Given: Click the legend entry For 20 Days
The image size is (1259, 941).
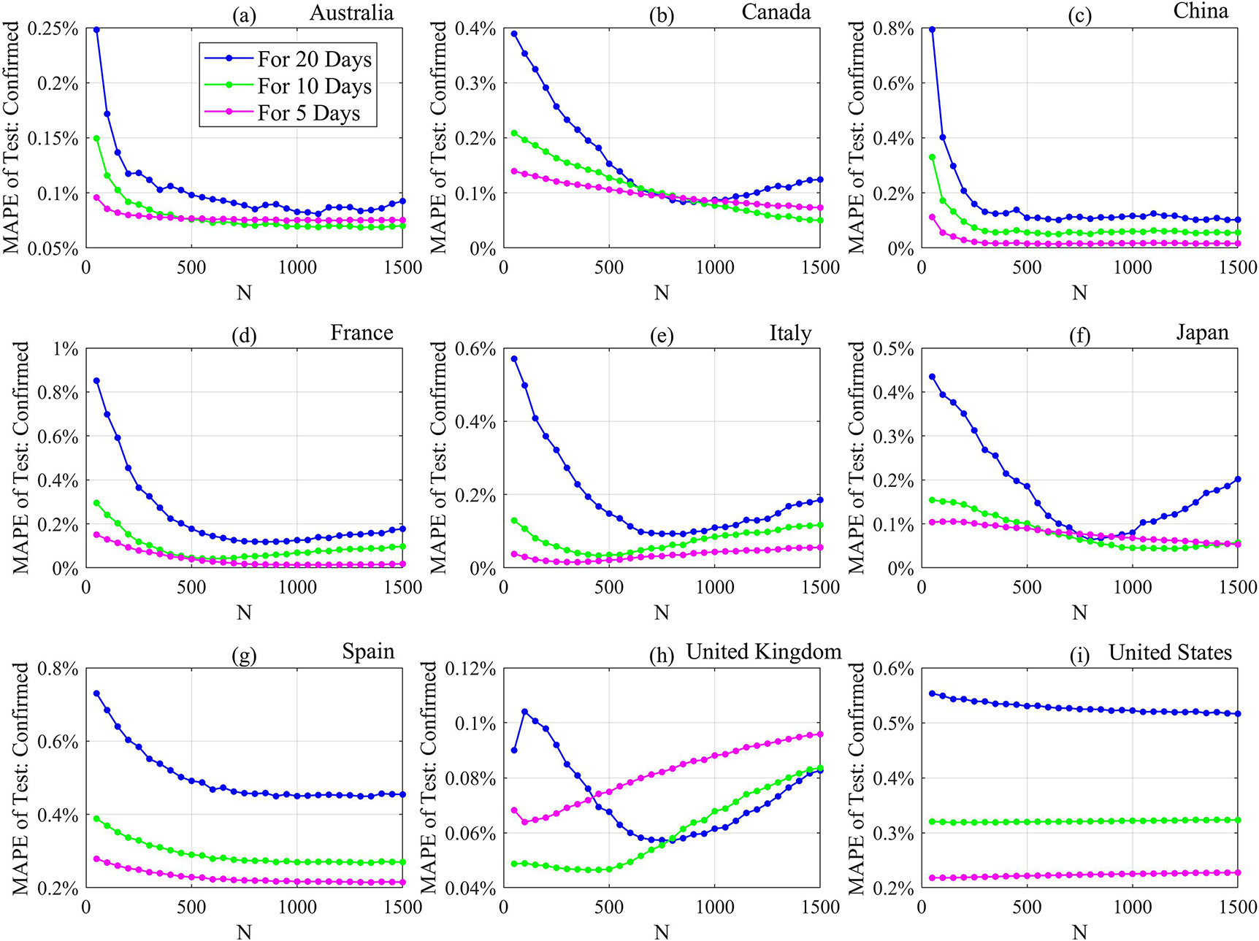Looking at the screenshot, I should (314, 59).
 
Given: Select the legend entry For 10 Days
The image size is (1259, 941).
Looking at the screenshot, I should (314, 86).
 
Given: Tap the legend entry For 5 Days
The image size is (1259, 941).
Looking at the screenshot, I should (308, 113).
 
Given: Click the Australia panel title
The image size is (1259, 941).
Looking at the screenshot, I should (351, 12).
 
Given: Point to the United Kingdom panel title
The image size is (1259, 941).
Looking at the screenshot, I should (764, 651).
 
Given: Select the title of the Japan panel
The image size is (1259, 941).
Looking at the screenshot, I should (1202, 332).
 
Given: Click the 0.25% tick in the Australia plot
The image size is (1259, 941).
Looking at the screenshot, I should (53, 28).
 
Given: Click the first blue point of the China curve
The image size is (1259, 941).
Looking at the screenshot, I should (932, 30).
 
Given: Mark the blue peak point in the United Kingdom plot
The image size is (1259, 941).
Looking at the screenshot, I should (524, 712).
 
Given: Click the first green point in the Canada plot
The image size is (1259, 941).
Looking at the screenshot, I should (514, 134).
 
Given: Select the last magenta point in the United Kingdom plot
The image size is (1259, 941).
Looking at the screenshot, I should (820, 734).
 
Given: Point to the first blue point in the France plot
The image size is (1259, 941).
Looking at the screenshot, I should (96, 380).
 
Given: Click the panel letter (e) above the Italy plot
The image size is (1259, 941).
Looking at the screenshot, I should (661, 336).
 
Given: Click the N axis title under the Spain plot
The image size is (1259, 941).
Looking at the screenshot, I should (244, 932).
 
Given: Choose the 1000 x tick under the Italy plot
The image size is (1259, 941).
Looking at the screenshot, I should (714, 587).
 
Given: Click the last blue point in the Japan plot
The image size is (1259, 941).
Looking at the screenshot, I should (1238, 480).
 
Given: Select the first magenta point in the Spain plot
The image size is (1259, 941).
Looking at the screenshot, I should (96, 859).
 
